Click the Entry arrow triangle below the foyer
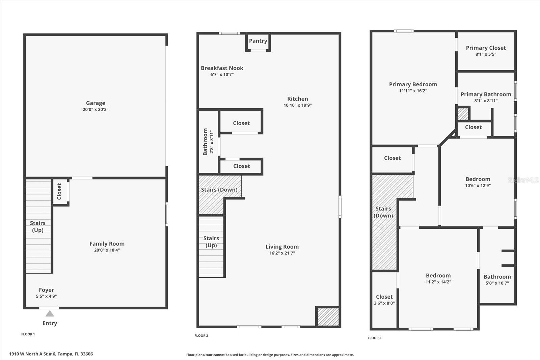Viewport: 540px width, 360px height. (50, 314)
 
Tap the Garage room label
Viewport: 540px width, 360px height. (96, 103)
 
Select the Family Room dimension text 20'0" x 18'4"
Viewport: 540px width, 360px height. (107, 250)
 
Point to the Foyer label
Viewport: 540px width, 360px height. (46, 290)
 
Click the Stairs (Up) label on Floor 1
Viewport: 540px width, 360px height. (38, 226)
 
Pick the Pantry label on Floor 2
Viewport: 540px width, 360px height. (258, 41)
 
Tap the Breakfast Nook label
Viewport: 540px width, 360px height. (222, 68)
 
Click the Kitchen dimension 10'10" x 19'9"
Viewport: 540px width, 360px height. (297, 105)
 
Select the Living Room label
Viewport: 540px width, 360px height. (282, 247)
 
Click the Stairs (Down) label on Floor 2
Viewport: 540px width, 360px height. (219, 190)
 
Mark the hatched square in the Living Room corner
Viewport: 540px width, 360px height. (328, 316)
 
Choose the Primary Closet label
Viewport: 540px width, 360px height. (486, 48)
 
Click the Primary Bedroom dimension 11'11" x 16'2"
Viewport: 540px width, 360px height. (413, 91)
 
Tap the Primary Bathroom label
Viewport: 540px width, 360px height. (486, 94)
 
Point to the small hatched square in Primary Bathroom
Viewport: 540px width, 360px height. (463, 114)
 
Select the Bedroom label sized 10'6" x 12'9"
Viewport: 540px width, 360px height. (478, 179)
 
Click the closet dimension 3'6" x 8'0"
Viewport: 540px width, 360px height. (384, 303)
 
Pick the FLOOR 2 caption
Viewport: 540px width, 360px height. (201, 336)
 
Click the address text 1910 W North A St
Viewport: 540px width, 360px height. (51, 354)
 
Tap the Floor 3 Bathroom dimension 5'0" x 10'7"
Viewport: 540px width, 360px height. (497, 283)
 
